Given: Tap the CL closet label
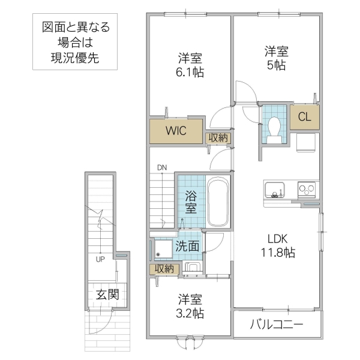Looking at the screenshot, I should coord(304,118).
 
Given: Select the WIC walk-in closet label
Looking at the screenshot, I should coord(176,130).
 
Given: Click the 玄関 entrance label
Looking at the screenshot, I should coord(107,295).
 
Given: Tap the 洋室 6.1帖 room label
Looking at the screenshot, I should coord(190,65).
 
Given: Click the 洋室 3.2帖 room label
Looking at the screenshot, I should coord(190,306).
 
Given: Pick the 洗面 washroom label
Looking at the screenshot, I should coord(187,246).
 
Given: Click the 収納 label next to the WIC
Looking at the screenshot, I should coord(218,137).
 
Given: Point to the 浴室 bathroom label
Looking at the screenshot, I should coord(190,202).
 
